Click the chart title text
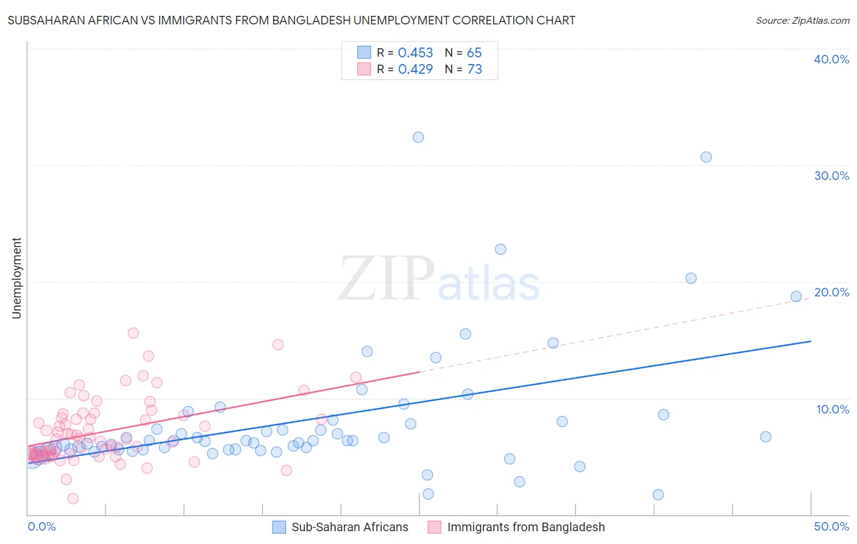pyautogui.click(x=291, y=21)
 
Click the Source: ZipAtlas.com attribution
pyautogui.click(x=802, y=21)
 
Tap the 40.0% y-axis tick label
pyautogui.click(x=831, y=59)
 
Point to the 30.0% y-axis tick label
pyautogui.click(x=831, y=176)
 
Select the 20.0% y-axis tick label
pyautogui.click(x=831, y=292)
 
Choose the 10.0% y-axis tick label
pyautogui.click(x=833, y=409)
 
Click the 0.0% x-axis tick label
pyautogui.click(x=41, y=526)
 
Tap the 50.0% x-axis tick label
pyautogui.click(x=831, y=526)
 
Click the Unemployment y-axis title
pyautogui.click(x=16, y=278)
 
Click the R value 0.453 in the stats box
pyautogui.click(x=415, y=53)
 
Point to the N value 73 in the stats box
pyautogui.click(x=474, y=70)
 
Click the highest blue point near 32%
pyautogui.click(x=418, y=137)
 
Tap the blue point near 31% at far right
pyautogui.click(x=706, y=157)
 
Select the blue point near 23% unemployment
pyautogui.click(x=500, y=249)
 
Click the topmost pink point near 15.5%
pyautogui.click(x=133, y=333)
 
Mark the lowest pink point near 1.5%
pyautogui.click(x=73, y=498)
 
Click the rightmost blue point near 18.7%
pyautogui.click(x=796, y=296)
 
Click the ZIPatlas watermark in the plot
pyautogui.click(x=439, y=279)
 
